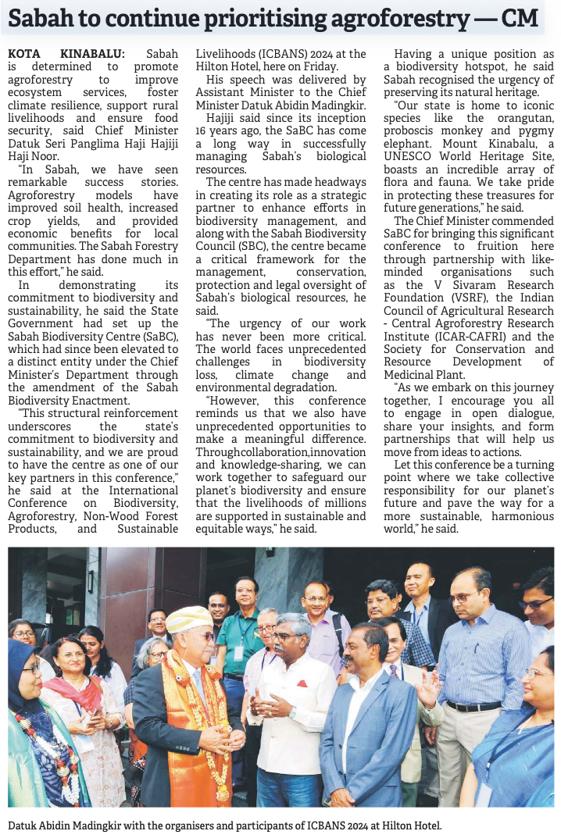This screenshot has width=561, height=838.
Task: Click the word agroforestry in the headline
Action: tap(365, 19)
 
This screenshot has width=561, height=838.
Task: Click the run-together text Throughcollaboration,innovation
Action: tap(280, 451)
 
